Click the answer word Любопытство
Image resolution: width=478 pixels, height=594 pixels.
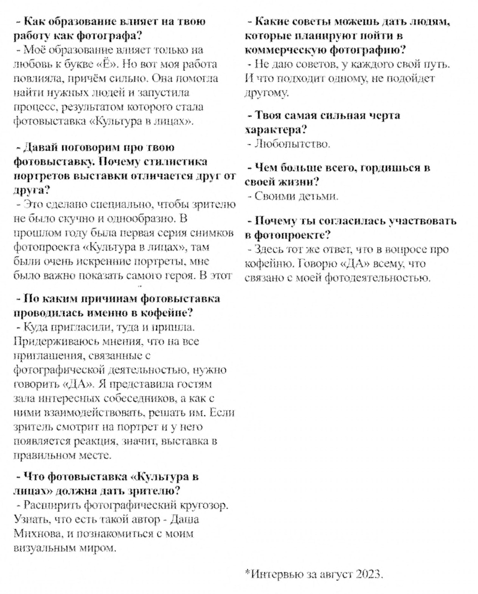click(292, 144)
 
